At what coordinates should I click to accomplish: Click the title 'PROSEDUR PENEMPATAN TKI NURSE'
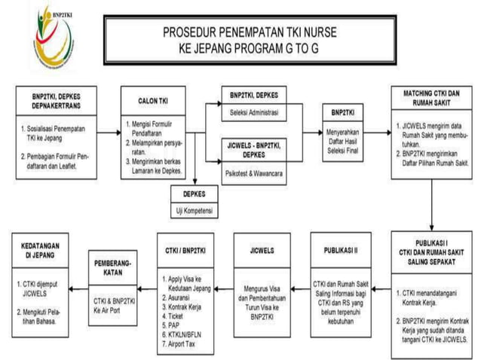tap(248, 33)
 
